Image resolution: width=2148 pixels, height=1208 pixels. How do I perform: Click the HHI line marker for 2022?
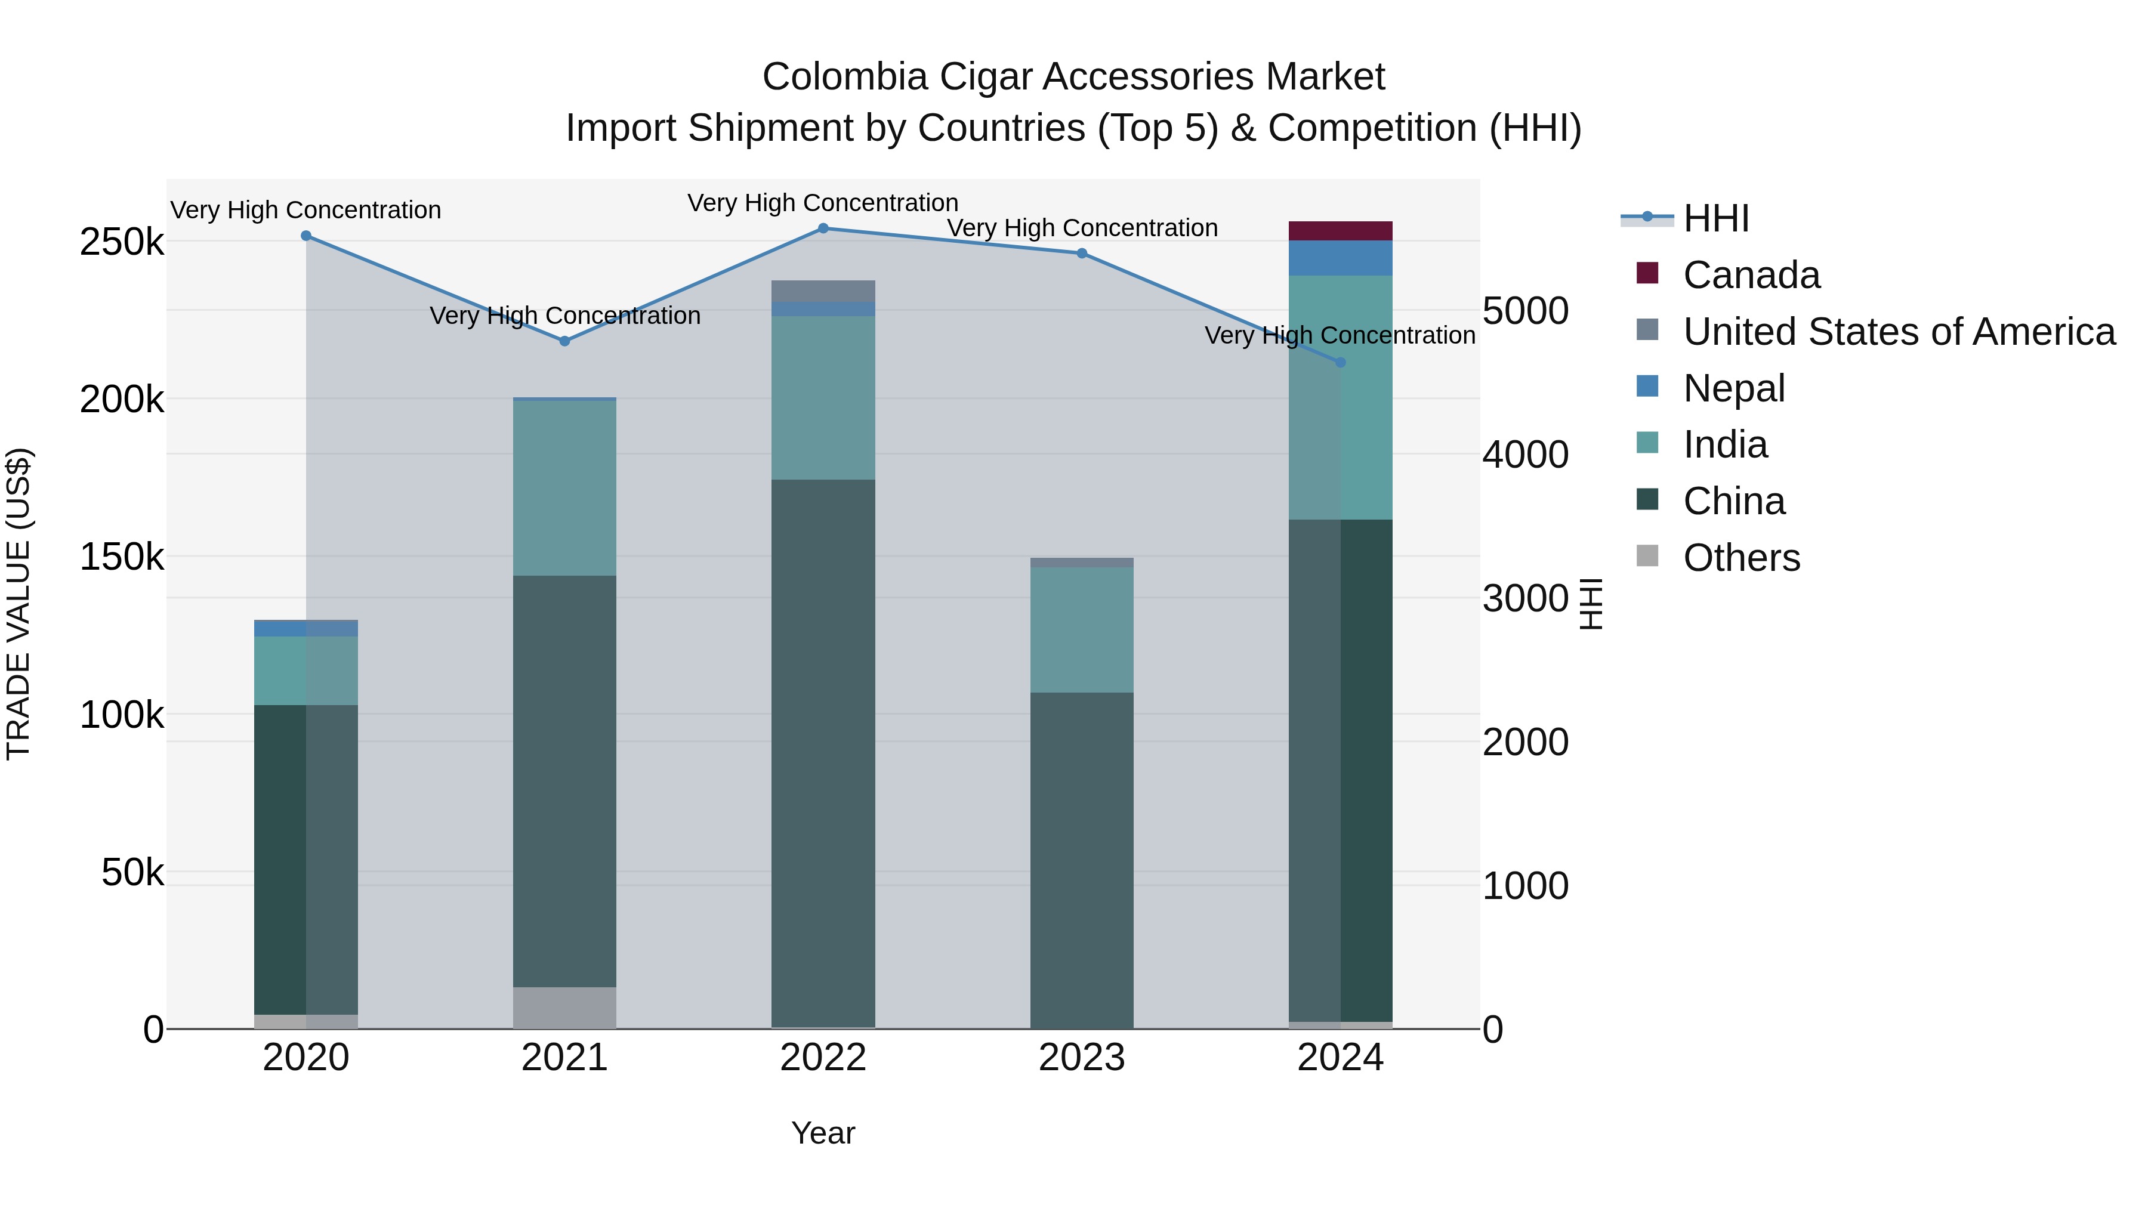coord(823,228)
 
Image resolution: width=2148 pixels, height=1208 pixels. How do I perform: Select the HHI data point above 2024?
coord(1341,363)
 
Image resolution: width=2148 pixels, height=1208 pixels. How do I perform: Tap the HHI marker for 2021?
coord(564,341)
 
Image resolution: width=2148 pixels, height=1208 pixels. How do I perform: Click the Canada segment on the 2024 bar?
coord(1341,231)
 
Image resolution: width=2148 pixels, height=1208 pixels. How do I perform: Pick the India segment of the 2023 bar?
coord(1082,629)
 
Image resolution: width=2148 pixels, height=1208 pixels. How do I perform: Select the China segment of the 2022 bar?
coord(823,750)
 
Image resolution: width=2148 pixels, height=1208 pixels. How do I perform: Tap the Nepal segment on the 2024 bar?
coord(1341,258)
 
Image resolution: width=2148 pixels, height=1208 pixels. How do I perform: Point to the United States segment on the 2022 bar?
coord(823,291)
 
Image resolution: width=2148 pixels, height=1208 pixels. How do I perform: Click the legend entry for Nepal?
coord(1733,388)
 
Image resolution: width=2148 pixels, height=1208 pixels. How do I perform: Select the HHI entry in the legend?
coord(1715,218)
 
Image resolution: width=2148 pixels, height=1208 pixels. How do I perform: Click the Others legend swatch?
coord(1647,556)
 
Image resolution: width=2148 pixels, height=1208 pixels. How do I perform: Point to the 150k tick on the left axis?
coord(122,557)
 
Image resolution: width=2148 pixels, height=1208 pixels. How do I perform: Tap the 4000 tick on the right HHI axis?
coord(1525,455)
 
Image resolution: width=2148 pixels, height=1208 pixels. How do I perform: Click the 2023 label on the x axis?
coord(1082,1058)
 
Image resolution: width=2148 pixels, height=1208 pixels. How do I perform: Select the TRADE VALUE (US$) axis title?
coord(18,604)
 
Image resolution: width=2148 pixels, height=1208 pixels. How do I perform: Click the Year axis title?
coord(823,1133)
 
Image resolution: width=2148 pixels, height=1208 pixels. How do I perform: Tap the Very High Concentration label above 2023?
coord(1082,228)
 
